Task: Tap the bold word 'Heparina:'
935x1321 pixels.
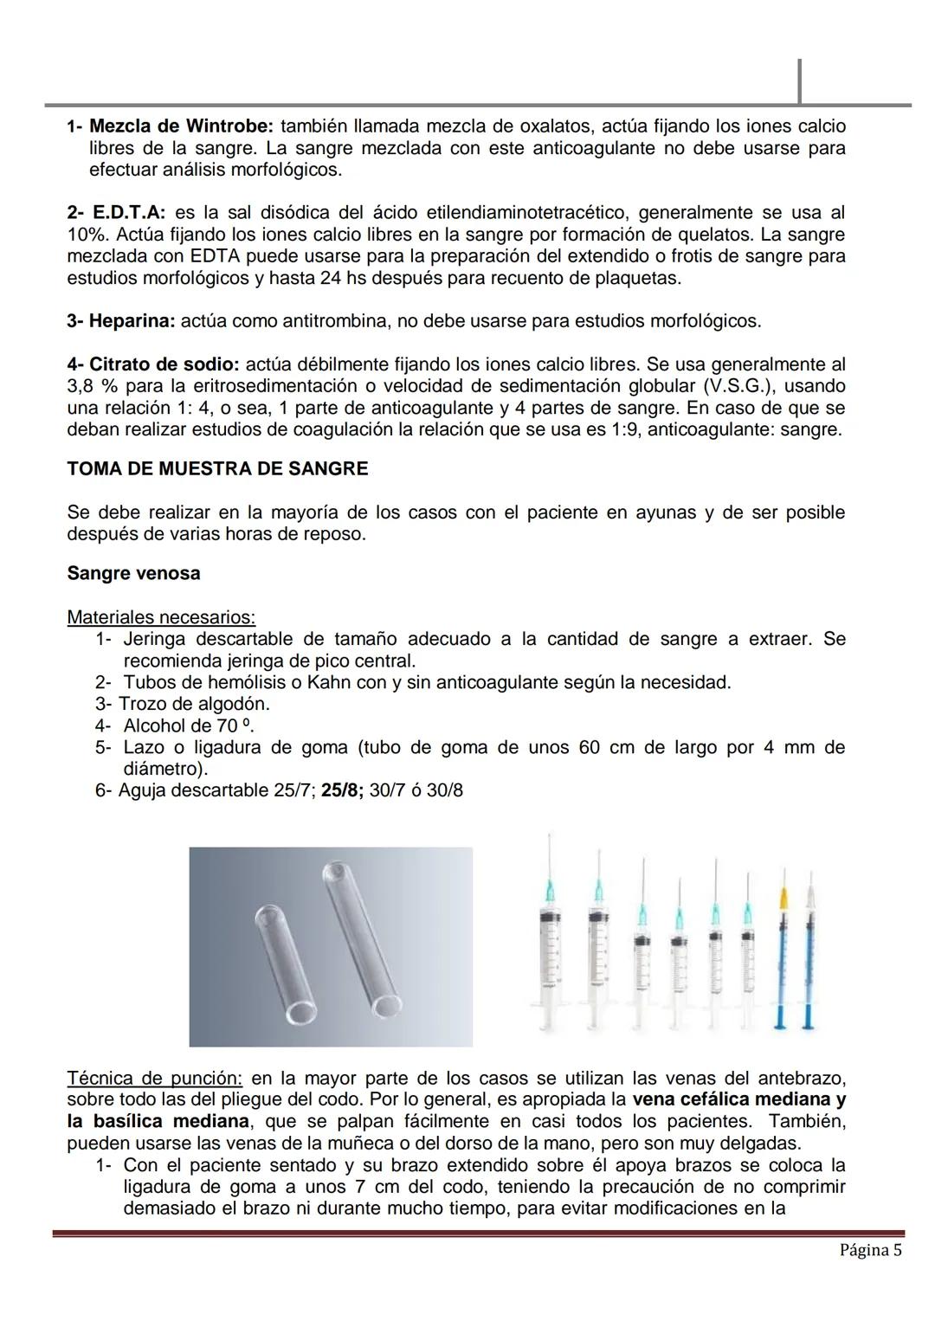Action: point(121,321)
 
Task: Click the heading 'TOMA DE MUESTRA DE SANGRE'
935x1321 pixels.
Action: point(217,469)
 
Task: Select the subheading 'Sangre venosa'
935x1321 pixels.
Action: point(133,574)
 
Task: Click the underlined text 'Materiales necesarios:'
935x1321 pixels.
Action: point(161,618)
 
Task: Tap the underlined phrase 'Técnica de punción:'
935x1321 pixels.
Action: point(155,1079)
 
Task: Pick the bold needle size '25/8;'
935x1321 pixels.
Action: point(342,791)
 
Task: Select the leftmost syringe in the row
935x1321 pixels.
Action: point(548,935)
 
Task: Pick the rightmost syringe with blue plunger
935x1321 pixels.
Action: point(811,952)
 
